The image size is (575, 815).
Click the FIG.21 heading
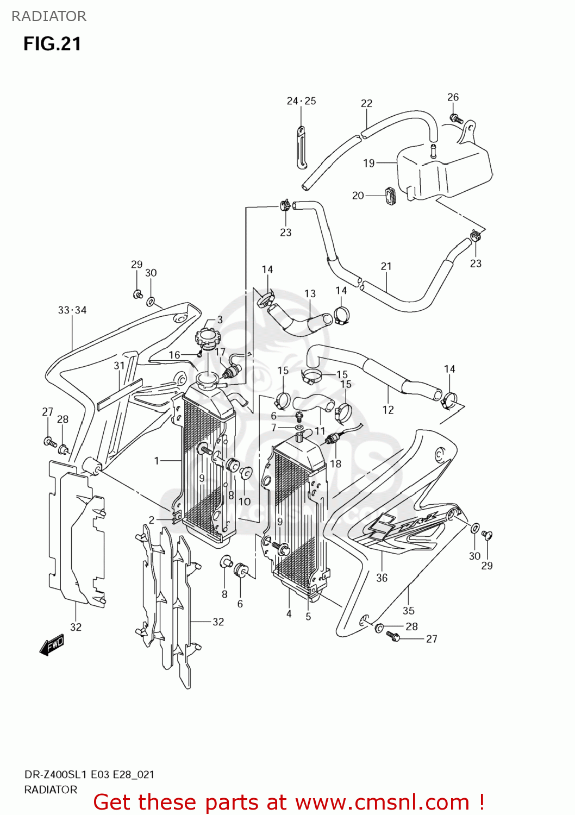pos(52,44)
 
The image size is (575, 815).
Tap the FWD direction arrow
pos(52,645)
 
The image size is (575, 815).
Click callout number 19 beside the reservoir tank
pos(369,163)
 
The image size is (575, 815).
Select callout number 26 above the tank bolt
pos(453,97)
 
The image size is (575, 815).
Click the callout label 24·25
pos(301,101)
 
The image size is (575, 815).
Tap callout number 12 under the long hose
pos(388,410)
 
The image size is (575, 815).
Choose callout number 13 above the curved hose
pos(310,293)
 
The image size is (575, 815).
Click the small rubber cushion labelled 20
pos(390,196)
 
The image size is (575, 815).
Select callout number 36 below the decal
pos(382,578)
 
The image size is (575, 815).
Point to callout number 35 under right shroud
pos(409,611)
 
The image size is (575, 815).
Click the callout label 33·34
pos(72,310)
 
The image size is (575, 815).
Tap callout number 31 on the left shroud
pos(120,366)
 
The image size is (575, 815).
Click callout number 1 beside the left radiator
pos(157,461)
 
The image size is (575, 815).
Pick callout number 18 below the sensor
pos(336,463)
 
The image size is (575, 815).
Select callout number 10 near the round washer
pos(245,501)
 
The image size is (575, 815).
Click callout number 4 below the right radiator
pos(289,614)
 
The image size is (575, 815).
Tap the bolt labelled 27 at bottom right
pos(393,636)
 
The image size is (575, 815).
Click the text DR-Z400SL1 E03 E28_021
pos(89,775)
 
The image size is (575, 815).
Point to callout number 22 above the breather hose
pos(367,103)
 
